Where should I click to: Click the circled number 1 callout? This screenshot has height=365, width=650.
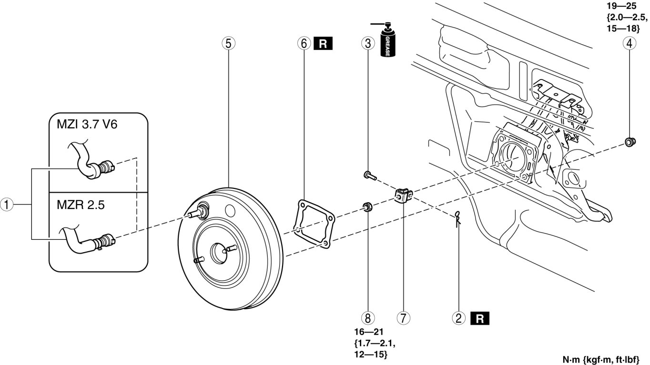click(6, 206)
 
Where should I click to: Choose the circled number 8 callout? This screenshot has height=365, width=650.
click(367, 317)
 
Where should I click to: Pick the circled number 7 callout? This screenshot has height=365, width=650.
click(403, 317)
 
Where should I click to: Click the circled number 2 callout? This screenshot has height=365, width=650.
click(459, 317)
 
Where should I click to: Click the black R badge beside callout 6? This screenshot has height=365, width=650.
click(323, 44)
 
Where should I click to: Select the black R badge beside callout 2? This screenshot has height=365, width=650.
click(480, 317)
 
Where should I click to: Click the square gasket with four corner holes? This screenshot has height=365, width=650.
click(313, 224)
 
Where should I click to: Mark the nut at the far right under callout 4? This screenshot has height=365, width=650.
click(629, 141)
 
